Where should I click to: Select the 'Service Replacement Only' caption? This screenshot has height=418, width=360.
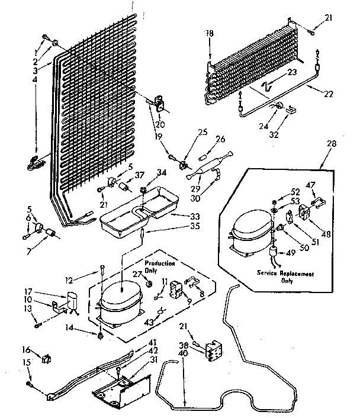coord(285,278)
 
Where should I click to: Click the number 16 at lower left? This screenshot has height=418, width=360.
coord(25,349)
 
